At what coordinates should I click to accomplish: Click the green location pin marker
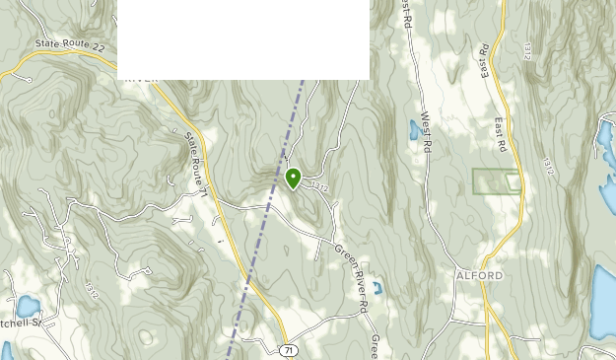pos(293,179)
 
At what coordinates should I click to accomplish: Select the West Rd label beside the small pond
pos(426,130)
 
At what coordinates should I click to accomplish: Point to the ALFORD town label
pos(480,275)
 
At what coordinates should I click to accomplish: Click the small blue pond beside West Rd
pos(412,128)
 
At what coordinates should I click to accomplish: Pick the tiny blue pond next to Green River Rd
pos(376,289)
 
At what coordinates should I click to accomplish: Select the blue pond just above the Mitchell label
pos(27,307)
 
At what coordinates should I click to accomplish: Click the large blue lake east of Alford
pos(602,301)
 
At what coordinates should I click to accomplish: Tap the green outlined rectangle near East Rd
pos(496,181)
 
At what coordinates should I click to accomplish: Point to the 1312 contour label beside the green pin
pos(318,185)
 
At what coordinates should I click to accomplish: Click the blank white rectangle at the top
pos(243,39)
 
